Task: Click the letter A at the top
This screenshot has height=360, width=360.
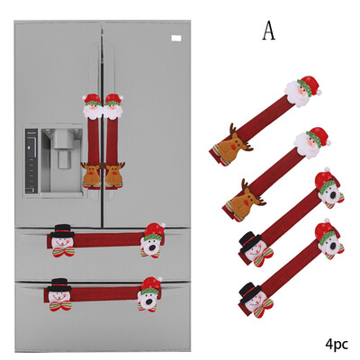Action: pos(269,31)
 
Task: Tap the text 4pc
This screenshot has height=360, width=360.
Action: pos(337,344)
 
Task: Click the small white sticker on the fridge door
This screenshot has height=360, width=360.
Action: pos(176,38)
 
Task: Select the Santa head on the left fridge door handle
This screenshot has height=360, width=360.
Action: pos(93,106)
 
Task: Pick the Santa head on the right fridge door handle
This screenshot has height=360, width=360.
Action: pos(113,106)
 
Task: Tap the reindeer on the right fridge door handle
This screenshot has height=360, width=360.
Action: pos(113,175)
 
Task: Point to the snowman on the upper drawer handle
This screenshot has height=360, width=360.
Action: pos(63,240)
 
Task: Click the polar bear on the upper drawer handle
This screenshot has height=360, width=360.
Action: pos(153,240)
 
